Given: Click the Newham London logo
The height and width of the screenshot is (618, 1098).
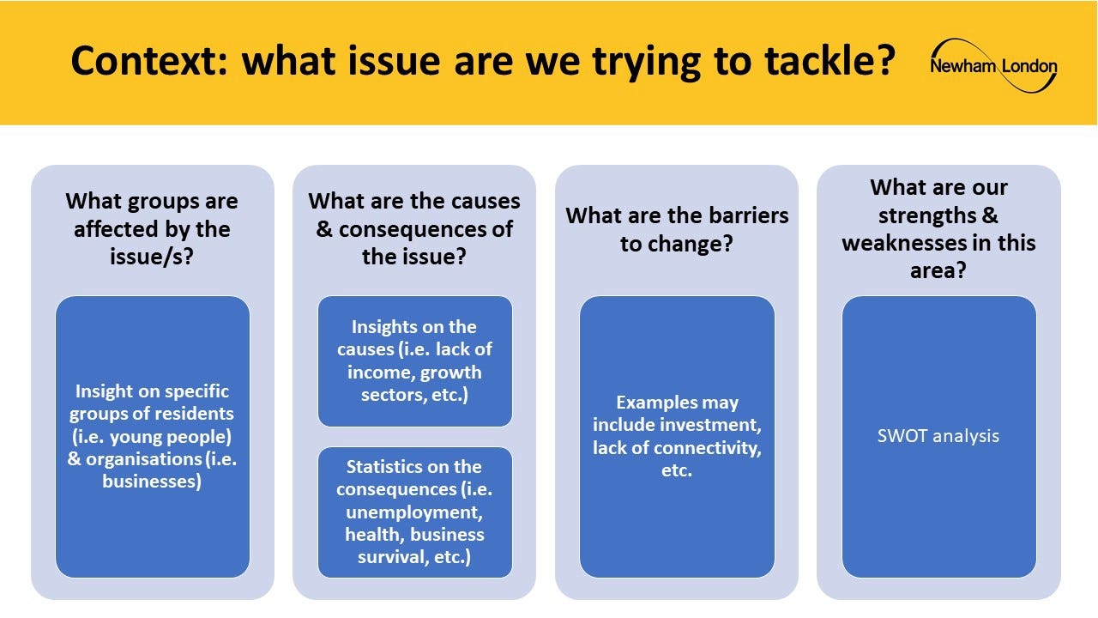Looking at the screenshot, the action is pyautogui.click(x=993, y=66).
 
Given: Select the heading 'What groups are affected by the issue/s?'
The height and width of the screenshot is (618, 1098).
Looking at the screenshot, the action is pyautogui.click(x=152, y=228).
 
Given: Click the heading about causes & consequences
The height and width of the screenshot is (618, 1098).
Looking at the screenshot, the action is pyautogui.click(x=414, y=228).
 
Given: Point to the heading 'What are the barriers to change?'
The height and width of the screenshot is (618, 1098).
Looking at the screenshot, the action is pyautogui.click(x=677, y=229).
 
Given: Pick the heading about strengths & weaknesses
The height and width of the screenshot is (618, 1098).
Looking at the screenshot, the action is pyautogui.click(x=938, y=228).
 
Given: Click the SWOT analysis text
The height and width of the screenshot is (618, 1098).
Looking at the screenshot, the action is pyautogui.click(x=938, y=435).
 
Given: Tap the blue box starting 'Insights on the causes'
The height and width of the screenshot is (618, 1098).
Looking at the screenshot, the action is pyautogui.click(x=414, y=361).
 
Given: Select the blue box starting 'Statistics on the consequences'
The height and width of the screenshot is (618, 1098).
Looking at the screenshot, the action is pyautogui.click(x=414, y=512).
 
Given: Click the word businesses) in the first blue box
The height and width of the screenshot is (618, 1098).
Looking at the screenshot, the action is pyautogui.click(x=152, y=482).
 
